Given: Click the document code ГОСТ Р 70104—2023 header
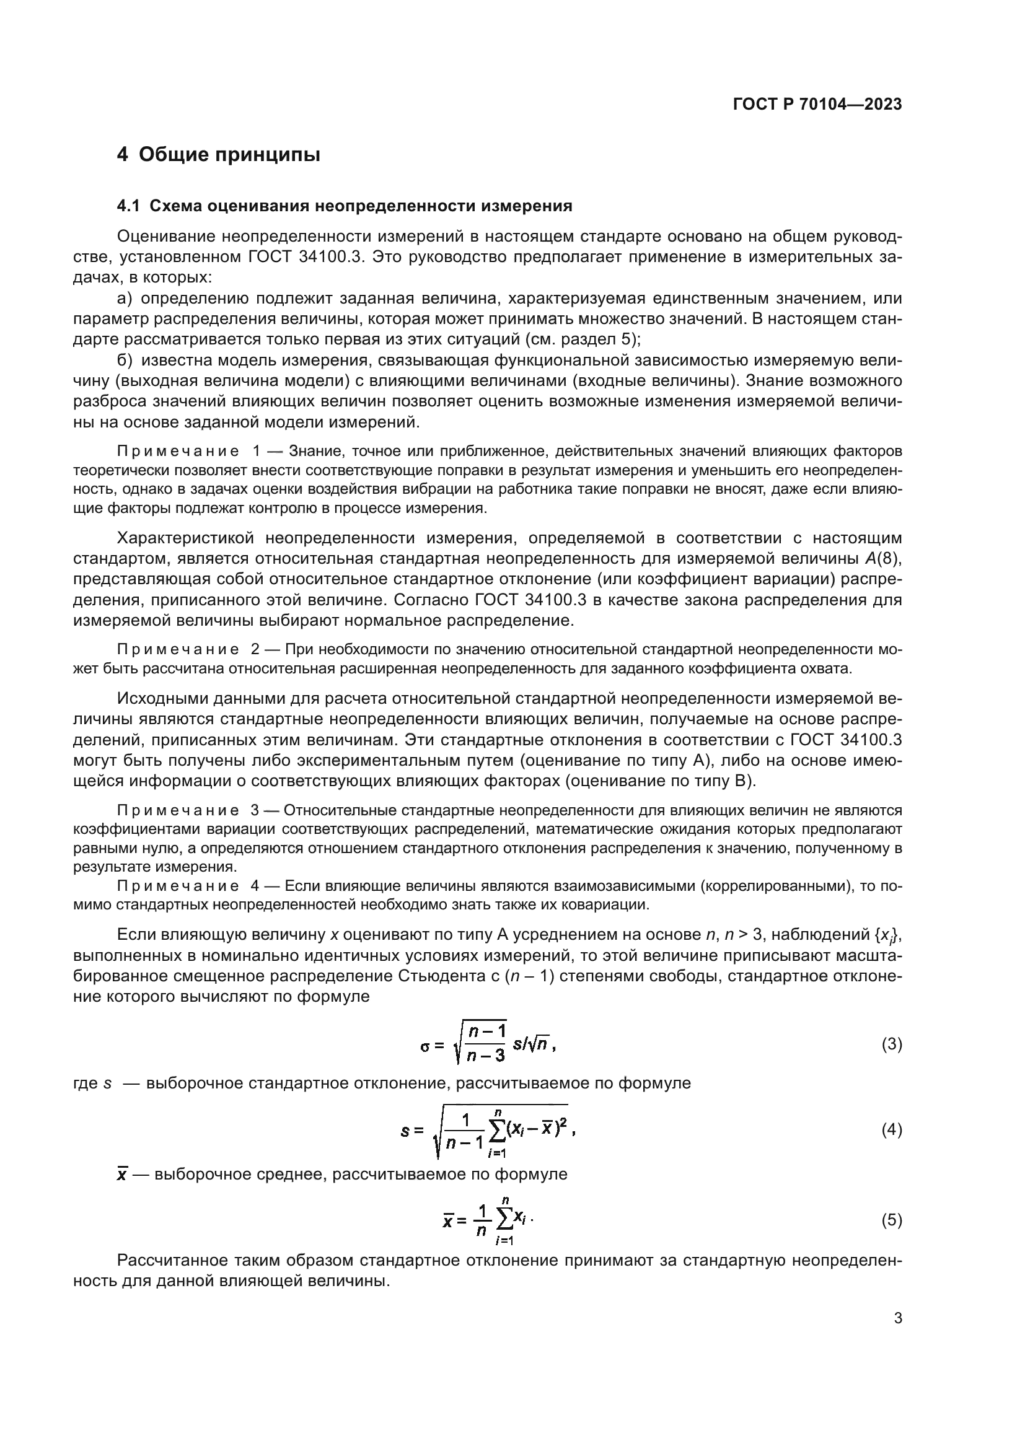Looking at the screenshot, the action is (817, 104).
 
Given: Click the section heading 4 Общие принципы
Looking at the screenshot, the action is (218, 155).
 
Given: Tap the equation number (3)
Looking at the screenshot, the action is (891, 1044).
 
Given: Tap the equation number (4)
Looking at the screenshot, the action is (891, 1130).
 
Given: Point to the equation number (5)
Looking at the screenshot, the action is (891, 1220).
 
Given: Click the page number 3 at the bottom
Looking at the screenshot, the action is (897, 1318).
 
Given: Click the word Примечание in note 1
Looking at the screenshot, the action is (178, 451).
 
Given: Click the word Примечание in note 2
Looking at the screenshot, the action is (178, 650).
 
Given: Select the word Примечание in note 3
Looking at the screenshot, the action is (178, 810).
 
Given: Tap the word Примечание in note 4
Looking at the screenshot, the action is (178, 886).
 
